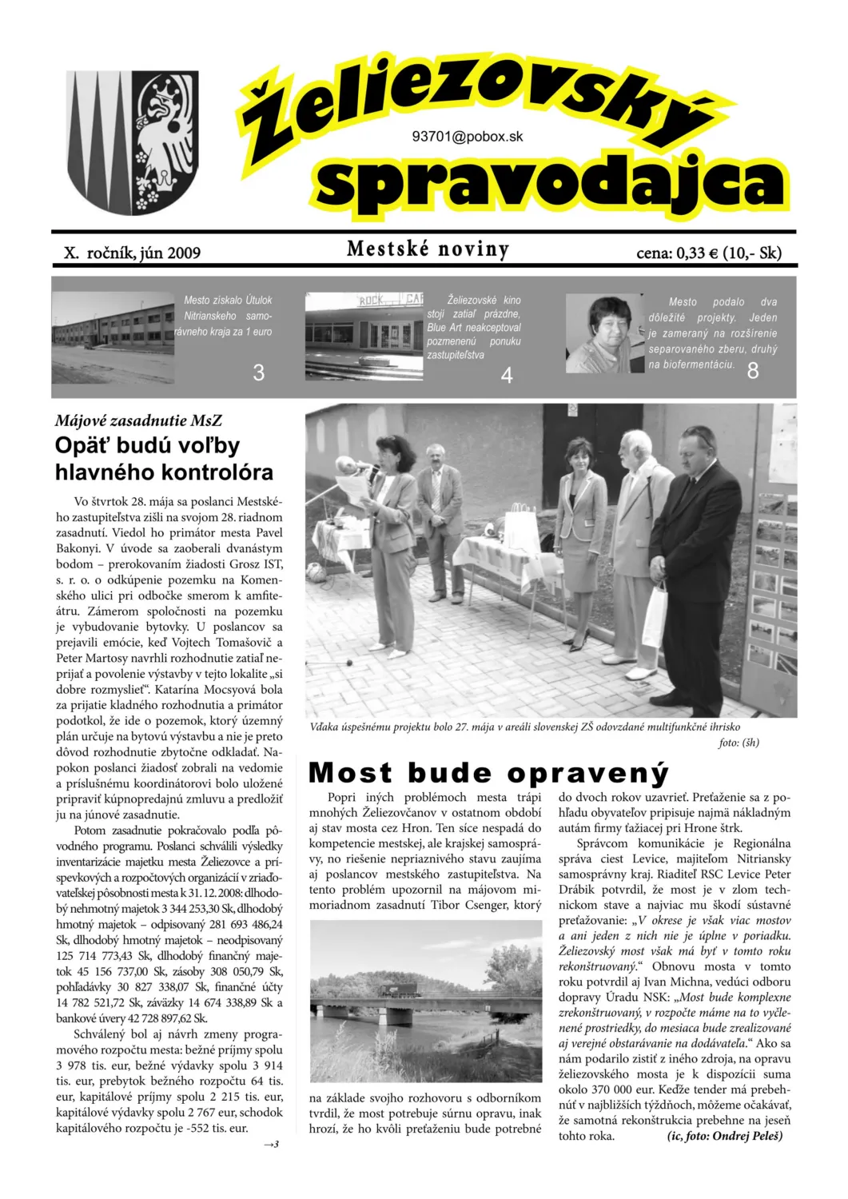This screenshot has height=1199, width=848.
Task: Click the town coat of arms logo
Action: click(132, 142)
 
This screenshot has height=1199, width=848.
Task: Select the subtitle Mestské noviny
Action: click(428, 249)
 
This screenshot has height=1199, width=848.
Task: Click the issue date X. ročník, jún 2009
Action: click(133, 253)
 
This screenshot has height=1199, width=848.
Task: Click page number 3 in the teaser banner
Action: click(258, 372)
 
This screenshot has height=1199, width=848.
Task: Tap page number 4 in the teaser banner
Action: click(506, 375)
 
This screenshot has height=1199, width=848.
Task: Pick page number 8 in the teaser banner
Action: click(752, 370)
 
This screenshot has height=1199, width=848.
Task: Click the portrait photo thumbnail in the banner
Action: click(604, 333)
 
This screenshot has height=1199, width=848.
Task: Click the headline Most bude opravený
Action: click(488, 773)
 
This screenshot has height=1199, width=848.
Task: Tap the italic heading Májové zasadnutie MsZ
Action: click(138, 420)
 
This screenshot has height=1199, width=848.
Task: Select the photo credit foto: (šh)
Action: click(739, 743)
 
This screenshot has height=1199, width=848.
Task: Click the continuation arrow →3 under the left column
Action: click(271, 1145)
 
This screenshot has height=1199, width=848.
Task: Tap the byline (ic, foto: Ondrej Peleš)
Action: click(725, 1136)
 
